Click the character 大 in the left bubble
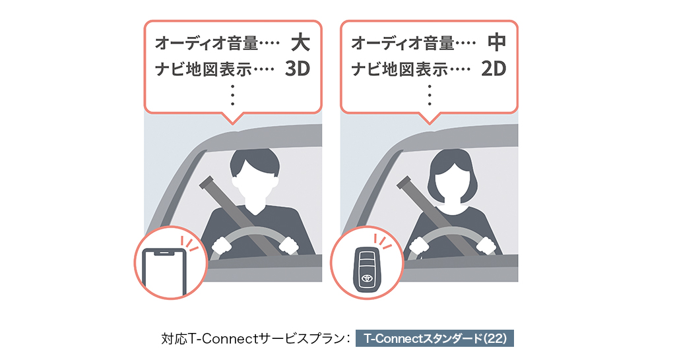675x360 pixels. tap(300, 43)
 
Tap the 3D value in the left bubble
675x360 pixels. tap(298, 69)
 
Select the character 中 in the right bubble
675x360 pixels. tap(497, 43)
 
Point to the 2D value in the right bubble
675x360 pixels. tap(494, 69)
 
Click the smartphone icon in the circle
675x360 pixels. tap(164, 272)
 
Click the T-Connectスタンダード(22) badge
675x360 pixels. tap(435, 338)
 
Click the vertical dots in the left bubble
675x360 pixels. tap(233, 95)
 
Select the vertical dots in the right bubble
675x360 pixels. tap(429, 95)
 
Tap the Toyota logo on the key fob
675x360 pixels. tap(368, 278)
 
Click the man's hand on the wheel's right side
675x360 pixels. tap(289, 246)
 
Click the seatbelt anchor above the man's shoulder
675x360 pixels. tap(207, 183)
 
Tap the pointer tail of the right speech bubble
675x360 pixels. tap(429, 118)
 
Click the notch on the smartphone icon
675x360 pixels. tap(164, 254)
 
